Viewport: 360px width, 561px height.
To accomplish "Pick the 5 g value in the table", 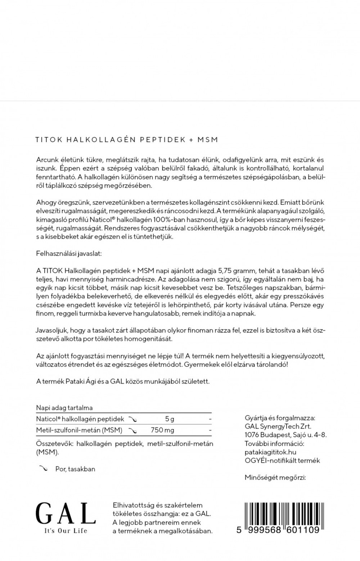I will pyautogui.click(x=169, y=419).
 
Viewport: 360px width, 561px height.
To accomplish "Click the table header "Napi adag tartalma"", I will pyautogui.click(x=64, y=408).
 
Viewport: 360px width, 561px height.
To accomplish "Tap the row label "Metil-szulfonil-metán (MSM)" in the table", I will pyautogui.click(x=79, y=430).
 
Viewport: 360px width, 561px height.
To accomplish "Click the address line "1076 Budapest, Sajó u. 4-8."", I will pyautogui.click(x=285, y=435).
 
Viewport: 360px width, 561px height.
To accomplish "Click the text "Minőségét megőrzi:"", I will pyautogui.click(x=275, y=478).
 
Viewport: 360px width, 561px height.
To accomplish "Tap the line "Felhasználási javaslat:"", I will pyautogui.click(x=69, y=254).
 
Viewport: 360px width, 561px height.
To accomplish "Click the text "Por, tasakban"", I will pyautogui.click(x=75, y=469).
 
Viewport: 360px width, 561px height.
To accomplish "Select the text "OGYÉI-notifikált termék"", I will pyautogui.click(x=282, y=461).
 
